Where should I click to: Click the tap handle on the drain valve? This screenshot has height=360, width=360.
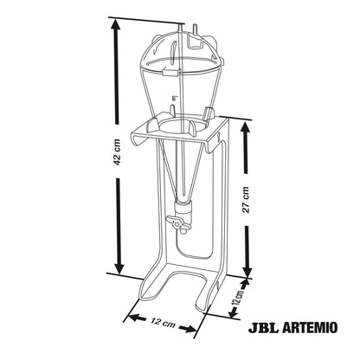pos(177,223)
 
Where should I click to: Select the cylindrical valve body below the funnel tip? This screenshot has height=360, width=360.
pos(183,212)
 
